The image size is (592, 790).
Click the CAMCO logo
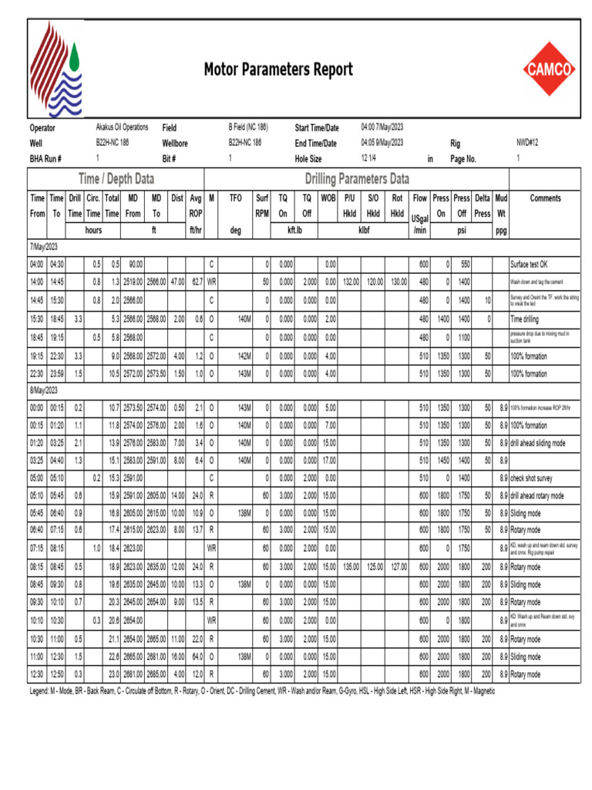(549, 69)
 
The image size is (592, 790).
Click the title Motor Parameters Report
(278, 70)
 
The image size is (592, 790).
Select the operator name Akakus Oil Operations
(122, 127)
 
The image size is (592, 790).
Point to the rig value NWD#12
(527, 143)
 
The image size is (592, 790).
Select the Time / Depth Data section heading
(116, 179)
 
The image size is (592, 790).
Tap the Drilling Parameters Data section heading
(357, 179)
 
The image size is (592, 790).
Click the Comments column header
(545, 198)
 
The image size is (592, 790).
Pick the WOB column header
(328, 198)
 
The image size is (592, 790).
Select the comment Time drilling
(527, 318)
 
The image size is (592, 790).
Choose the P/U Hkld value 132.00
(351, 282)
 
